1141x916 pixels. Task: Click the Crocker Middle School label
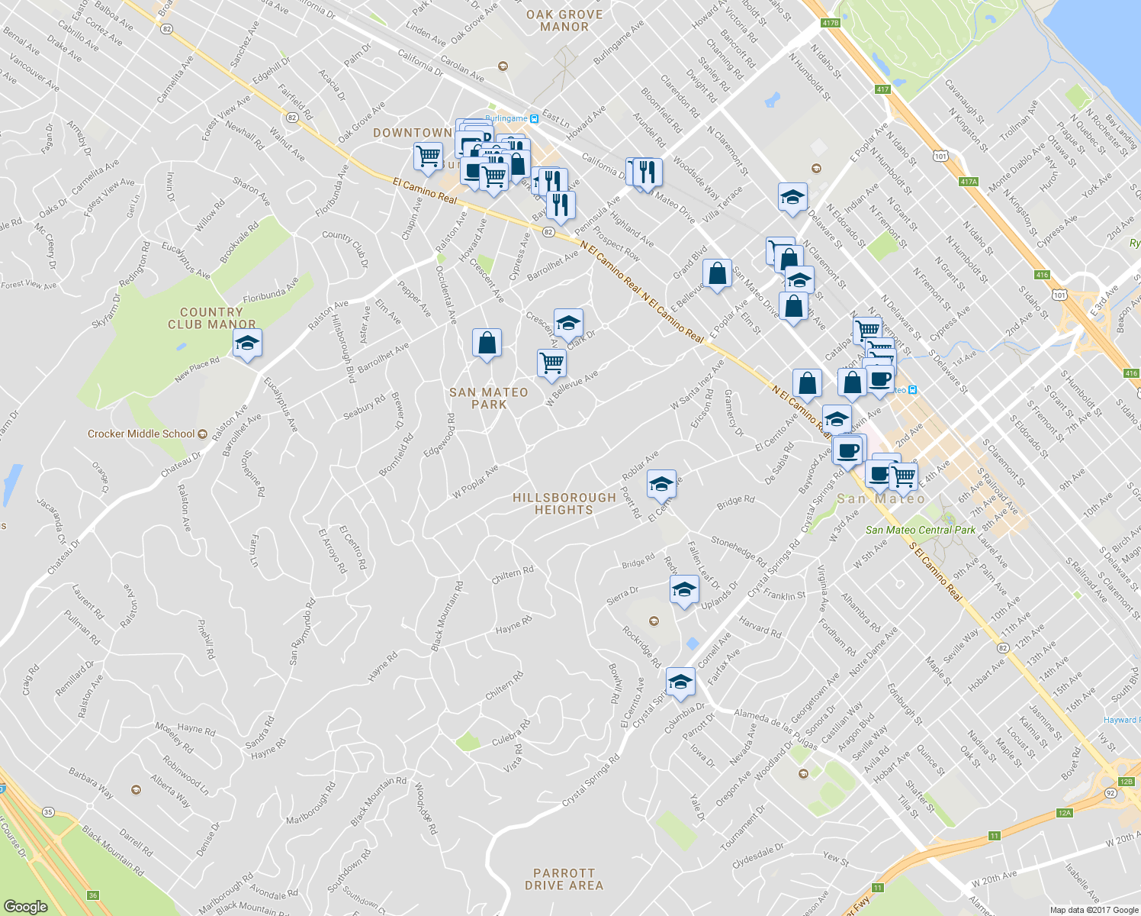pyautogui.click(x=142, y=434)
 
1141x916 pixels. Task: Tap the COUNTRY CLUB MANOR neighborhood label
pyautogui.click(x=211, y=318)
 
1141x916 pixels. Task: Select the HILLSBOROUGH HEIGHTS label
pyautogui.click(x=564, y=504)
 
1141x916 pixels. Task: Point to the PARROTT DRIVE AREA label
pyautogui.click(x=564, y=879)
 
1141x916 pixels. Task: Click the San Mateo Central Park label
pyautogui.click(x=920, y=530)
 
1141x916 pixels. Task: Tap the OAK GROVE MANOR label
pyautogui.click(x=564, y=21)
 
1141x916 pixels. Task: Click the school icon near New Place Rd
pyautogui.click(x=248, y=343)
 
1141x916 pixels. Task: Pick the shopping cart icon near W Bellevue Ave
pyautogui.click(x=551, y=363)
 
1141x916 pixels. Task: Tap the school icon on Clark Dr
pyautogui.click(x=568, y=324)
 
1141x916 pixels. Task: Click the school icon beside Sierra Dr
pyautogui.click(x=684, y=589)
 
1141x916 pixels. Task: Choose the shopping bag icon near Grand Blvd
pyautogui.click(x=717, y=274)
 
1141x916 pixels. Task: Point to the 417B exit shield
pyautogui.click(x=830, y=23)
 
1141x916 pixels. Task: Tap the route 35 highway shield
pyautogui.click(x=49, y=812)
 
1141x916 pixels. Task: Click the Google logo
pyautogui.click(x=26, y=906)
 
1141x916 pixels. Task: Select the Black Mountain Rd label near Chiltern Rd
pyautogui.click(x=448, y=616)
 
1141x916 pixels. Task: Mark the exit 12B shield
pyautogui.click(x=1127, y=782)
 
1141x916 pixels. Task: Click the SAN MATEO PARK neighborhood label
pyautogui.click(x=488, y=398)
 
